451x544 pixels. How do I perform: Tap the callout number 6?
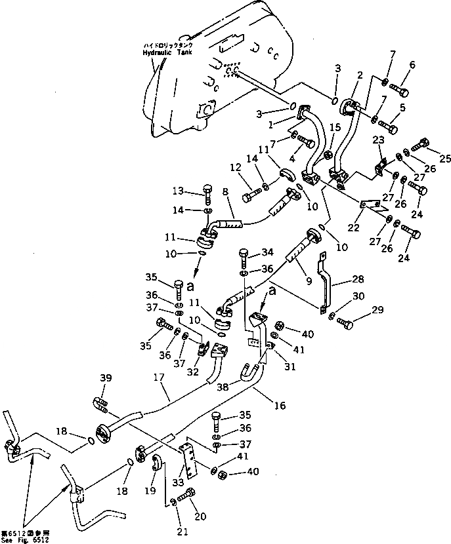click(x=412, y=64)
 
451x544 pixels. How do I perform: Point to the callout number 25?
click(x=445, y=158)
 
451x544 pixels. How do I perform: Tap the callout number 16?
click(x=279, y=406)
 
